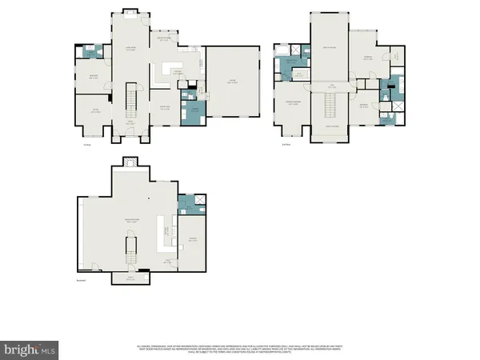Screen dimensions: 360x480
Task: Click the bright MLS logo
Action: pyautogui.click(x=30, y=349)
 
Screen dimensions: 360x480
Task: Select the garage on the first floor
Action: pyautogui.click(x=232, y=84)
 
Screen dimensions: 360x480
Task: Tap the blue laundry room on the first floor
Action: pyautogui.click(x=192, y=114)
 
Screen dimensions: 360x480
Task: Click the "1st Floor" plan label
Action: pyautogui.click(x=86, y=144)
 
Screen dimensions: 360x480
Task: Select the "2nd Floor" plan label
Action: pyautogui.click(x=286, y=144)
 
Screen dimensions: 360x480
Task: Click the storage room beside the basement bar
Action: pyautogui.click(x=192, y=240)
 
